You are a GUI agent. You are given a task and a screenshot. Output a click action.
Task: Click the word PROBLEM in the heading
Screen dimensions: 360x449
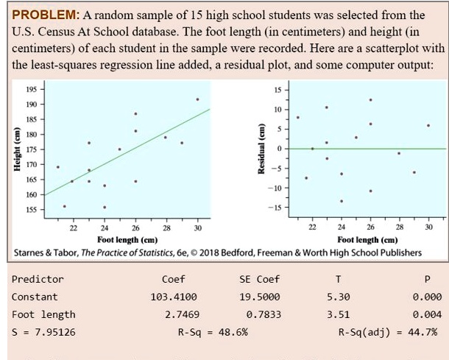click(x=41, y=15)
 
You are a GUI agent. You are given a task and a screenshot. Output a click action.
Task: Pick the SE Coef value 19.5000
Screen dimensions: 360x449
click(x=260, y=297)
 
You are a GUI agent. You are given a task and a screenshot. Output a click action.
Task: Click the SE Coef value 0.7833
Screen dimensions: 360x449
click(x=263, y=314)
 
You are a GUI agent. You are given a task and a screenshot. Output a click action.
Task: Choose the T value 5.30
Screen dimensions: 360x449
click(x=338, y=297)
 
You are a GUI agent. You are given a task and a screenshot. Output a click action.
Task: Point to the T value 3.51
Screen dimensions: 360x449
click(x=338, y=314)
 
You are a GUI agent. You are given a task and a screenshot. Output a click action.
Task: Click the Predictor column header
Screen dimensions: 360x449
click(x=38, y=279)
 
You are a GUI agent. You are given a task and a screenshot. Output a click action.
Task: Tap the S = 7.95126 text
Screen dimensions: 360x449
click(x=43, y=332)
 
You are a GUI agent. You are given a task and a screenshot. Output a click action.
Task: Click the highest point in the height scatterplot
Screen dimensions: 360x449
click(x=197, y=99)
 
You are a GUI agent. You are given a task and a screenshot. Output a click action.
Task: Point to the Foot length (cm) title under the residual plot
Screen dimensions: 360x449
click(x=367, y=239)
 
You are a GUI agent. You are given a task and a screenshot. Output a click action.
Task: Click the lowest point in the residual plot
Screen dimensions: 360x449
click(x=341, y=201)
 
